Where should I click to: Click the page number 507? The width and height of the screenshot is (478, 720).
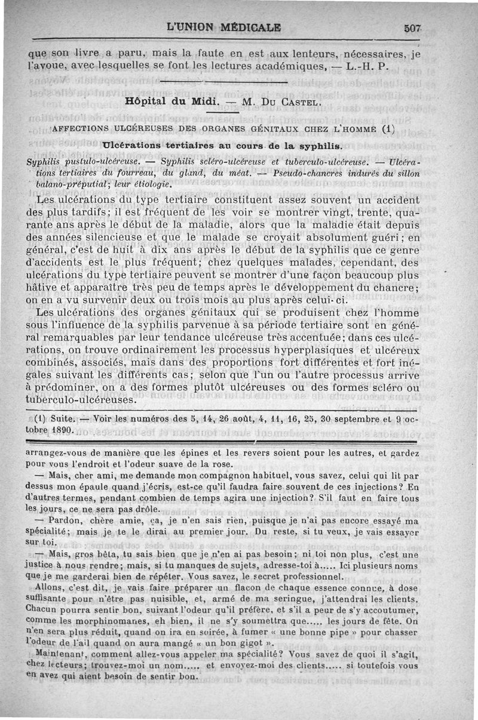pos(413,28)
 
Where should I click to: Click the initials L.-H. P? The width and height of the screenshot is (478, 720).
pos(367,66)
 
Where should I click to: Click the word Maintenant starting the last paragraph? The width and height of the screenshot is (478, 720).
pos(53,655)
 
